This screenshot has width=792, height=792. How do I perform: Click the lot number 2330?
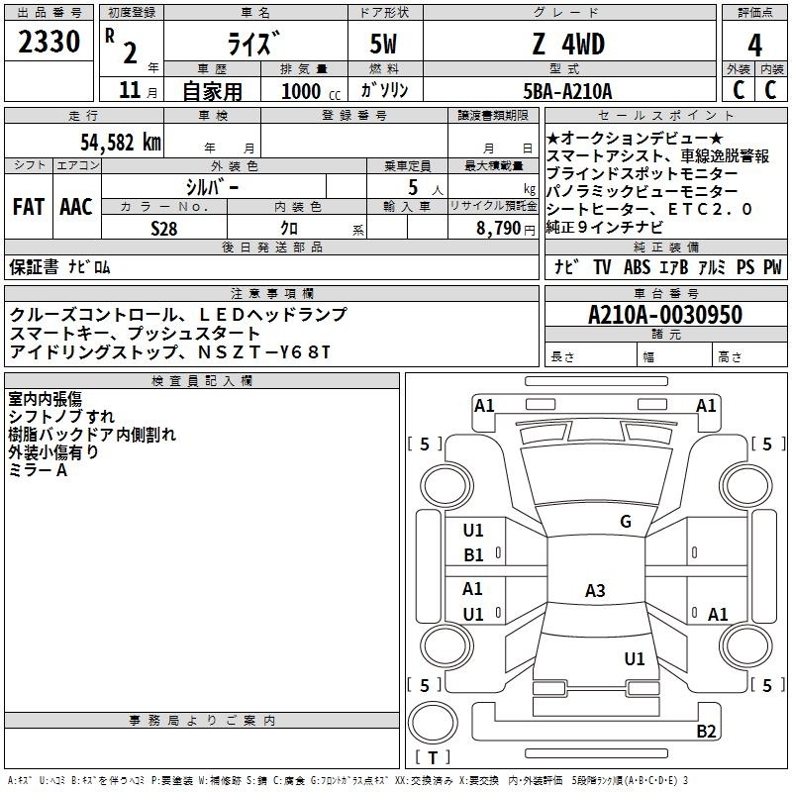point(49,42)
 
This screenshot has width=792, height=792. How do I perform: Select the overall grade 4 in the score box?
point(754,45)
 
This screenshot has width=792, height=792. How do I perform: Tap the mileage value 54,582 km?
point(121,143)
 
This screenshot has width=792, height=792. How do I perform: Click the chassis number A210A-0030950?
point(665,315)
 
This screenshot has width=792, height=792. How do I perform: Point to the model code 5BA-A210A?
point(567,91)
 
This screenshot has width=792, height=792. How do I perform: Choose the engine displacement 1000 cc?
point(311,91)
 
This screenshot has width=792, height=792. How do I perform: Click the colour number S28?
point(164,229)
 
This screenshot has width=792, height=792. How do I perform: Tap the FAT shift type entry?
point(29,207)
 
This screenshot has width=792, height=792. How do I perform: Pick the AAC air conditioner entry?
point(76,207)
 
